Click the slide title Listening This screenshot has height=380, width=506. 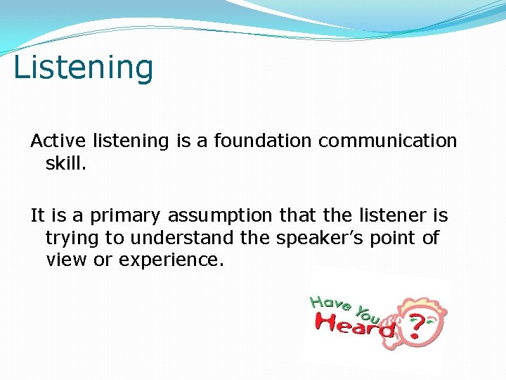tap(83, 68)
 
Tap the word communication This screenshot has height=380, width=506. tap(387, 141)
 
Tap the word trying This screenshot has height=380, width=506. tap(68, 238)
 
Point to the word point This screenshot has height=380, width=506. tap(391, 238)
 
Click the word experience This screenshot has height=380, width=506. tap(171, 260)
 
